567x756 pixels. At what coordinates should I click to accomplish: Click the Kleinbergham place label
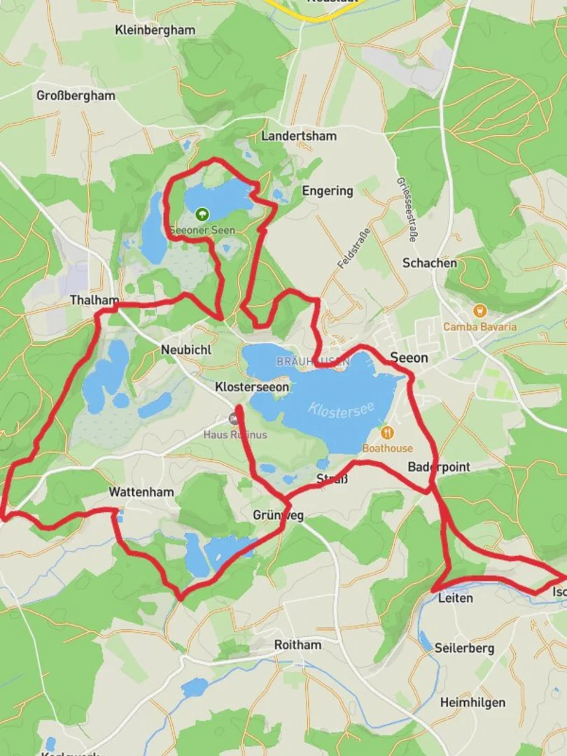[x=155, y=30]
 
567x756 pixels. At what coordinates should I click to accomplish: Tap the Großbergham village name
[x=76, y=95]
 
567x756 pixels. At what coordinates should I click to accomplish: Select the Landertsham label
[x=299, y=136]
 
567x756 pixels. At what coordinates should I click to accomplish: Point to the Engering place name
[x=328, y=190]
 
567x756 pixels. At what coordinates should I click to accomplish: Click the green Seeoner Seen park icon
[x=202, y=213]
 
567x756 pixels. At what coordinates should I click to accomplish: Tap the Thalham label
[x=94, y=300]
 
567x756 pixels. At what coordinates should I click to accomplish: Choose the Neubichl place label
[x=185, y=349]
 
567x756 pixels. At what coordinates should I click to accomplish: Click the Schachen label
[x=429, y=263]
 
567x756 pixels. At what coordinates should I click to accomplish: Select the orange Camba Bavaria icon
[x=479, y=311]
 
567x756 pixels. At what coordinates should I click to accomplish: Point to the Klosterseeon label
[x=252, y=386]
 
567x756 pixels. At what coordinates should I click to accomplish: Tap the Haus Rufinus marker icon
[x=234, y=419]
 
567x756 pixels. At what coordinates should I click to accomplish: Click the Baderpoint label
[x=439, y=467]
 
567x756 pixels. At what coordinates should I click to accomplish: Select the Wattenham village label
[x=141, y=493]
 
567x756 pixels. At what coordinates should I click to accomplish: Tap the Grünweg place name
[x=278, y=516]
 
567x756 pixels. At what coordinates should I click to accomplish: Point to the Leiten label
[x=455, y=598]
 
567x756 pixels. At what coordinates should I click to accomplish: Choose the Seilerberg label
[x=464, y=648]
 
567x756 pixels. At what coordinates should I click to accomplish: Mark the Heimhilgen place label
[x=472, y=702]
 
